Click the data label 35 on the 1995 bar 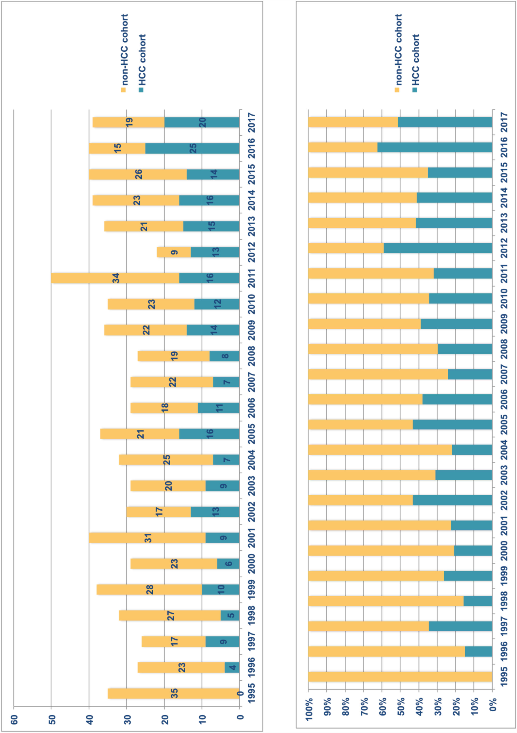174,694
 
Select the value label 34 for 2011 116,278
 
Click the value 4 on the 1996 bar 232,667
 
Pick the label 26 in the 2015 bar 138,174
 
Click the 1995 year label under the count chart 251,694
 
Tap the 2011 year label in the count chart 251,278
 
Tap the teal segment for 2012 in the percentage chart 438,248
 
